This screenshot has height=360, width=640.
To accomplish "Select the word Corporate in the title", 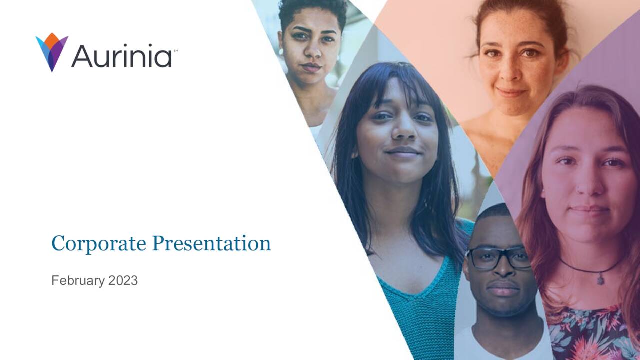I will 99,244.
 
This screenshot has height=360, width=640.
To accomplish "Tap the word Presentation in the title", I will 211,244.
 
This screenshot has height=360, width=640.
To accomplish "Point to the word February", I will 78,281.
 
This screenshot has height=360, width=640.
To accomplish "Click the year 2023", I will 123,281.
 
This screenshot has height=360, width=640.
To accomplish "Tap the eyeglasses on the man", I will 498,258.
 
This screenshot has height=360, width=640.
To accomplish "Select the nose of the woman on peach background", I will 513,75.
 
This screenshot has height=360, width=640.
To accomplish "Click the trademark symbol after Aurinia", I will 175,50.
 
